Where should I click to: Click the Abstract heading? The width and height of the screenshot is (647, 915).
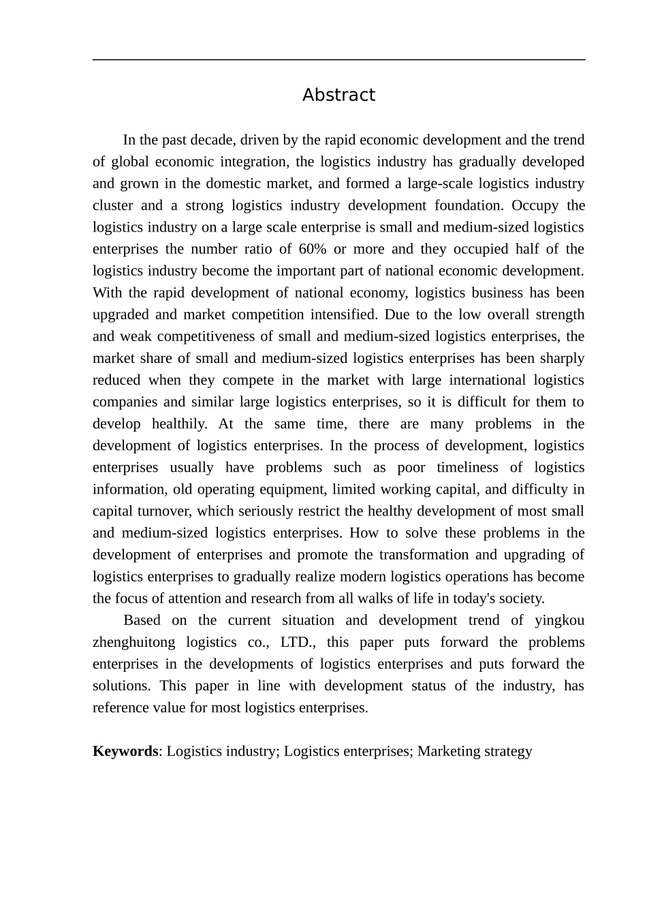click(338, 95)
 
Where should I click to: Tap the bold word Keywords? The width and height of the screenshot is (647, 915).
click(125, 752)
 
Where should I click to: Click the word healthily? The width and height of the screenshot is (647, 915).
click(179, 424)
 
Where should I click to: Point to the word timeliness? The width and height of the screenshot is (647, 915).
click(467, 468)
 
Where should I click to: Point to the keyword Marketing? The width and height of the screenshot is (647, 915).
click(449, 752)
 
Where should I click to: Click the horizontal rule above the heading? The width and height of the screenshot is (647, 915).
click(338, 60)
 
